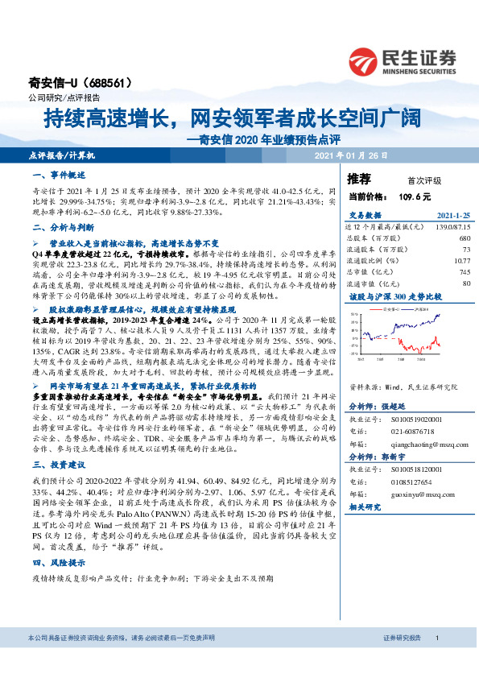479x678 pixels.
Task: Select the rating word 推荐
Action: coord(359,179)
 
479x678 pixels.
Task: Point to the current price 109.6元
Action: coord(412,196)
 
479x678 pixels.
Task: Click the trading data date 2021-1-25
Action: coord(452,215)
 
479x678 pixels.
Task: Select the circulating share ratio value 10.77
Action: coord(461,261)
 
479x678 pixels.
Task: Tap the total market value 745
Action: coord(465,272)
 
